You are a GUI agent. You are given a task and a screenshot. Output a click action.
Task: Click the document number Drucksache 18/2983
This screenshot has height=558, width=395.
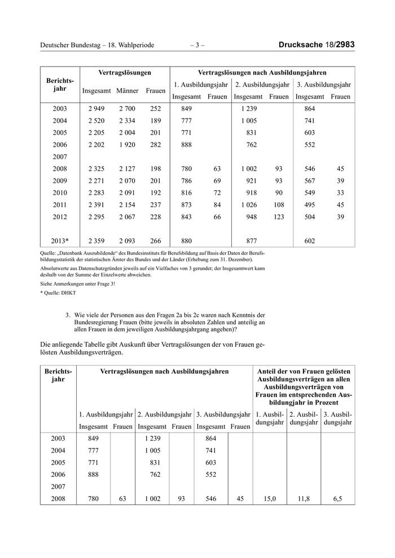[317, 45]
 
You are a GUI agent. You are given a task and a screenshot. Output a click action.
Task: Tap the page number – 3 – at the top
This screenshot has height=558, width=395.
[197, 45]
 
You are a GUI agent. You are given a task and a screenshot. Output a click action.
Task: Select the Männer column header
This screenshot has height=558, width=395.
[128, 91]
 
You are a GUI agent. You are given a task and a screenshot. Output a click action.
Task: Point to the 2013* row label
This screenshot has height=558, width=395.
[60, 240]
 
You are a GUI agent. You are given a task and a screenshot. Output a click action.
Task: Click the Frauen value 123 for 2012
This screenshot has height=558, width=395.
[279, 218]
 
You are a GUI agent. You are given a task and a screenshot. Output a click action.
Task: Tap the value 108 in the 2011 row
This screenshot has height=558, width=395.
[279, 205]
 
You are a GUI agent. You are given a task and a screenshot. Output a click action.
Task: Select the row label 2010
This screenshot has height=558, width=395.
[60, 193]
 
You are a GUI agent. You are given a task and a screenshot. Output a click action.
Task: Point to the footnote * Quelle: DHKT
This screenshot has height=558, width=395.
[59, 294]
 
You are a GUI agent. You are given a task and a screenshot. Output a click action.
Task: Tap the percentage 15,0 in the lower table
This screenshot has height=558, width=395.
[270, 498]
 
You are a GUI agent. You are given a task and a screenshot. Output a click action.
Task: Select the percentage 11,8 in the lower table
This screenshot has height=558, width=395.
[304, 498]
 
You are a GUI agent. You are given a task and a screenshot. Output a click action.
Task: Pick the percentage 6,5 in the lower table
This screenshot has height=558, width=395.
[337, 498]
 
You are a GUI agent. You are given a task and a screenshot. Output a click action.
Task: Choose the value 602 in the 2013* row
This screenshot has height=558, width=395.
[310, 240]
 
